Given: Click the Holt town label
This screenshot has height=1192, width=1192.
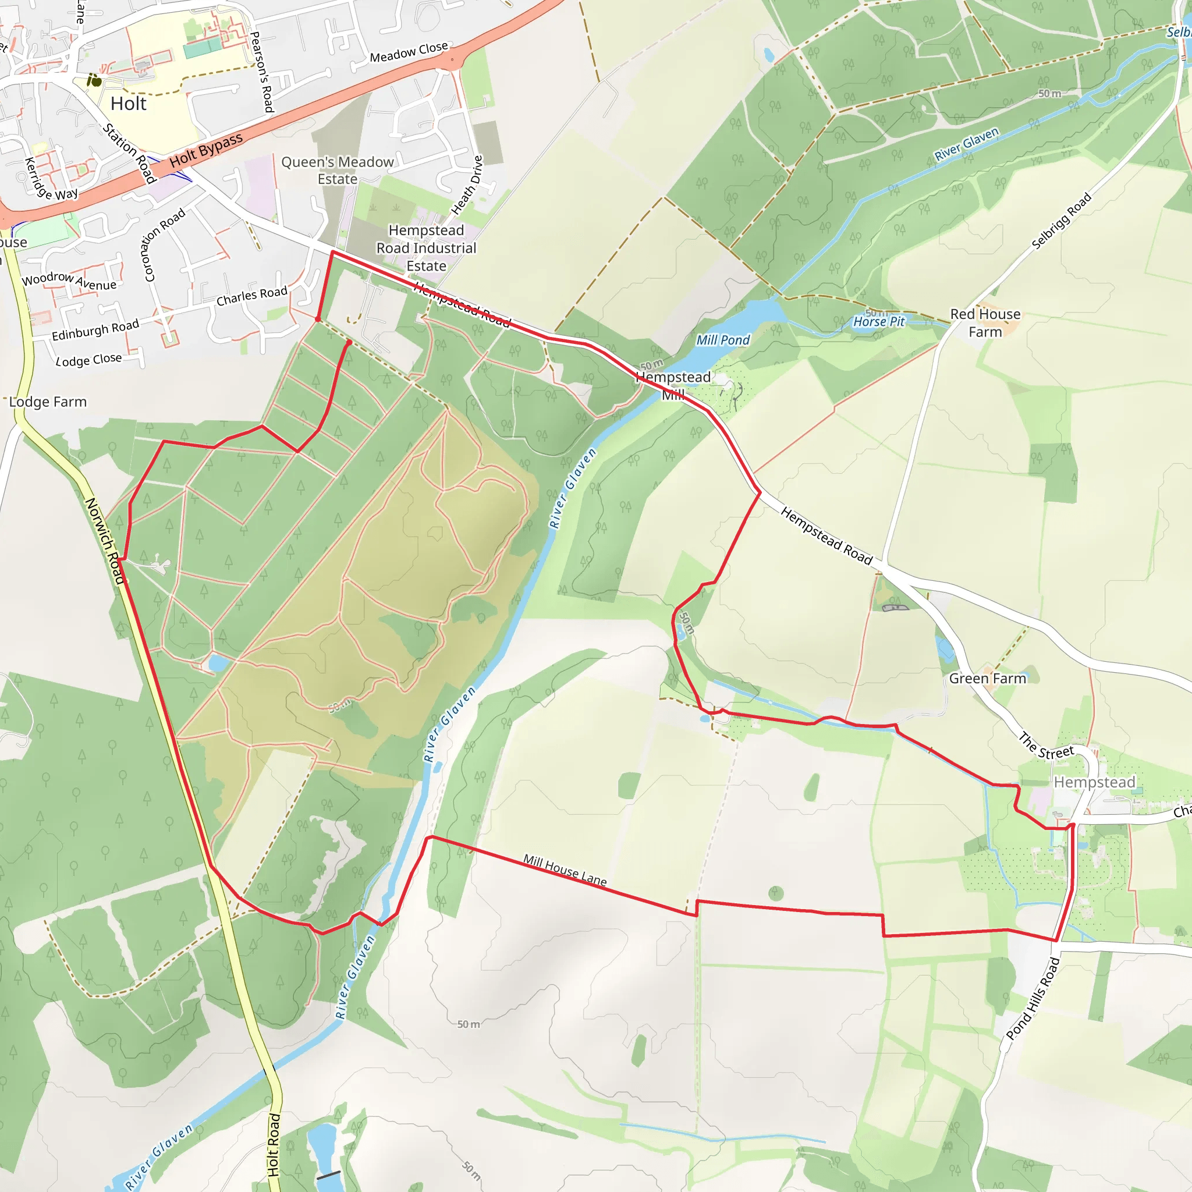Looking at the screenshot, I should point(128,104).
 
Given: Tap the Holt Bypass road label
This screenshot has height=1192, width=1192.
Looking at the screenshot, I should point(206,150).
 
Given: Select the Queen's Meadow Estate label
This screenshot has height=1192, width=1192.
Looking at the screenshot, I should point(338,171).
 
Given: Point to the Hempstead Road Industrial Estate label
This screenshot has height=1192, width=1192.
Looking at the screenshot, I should point(426,248).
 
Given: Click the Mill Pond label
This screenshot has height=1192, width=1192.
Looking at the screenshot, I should point(722,340).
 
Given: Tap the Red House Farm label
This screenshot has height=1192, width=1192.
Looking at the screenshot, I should point(985,322).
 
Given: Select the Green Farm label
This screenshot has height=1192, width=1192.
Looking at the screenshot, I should point(987,679).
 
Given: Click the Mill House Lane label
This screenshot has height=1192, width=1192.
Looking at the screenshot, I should point(565,870).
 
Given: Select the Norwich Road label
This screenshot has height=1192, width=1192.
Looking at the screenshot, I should point(104,541).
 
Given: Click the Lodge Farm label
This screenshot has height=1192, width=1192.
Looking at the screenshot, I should point(48,402).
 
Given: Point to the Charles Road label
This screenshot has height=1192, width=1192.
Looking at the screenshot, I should point(251,296).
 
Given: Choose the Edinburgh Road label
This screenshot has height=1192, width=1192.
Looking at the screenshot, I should point(95,331).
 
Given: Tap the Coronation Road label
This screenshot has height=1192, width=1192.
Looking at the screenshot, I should point(164,245).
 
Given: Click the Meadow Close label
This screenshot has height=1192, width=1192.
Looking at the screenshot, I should point(409,52).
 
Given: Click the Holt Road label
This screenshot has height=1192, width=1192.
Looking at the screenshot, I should point(274,1144).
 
